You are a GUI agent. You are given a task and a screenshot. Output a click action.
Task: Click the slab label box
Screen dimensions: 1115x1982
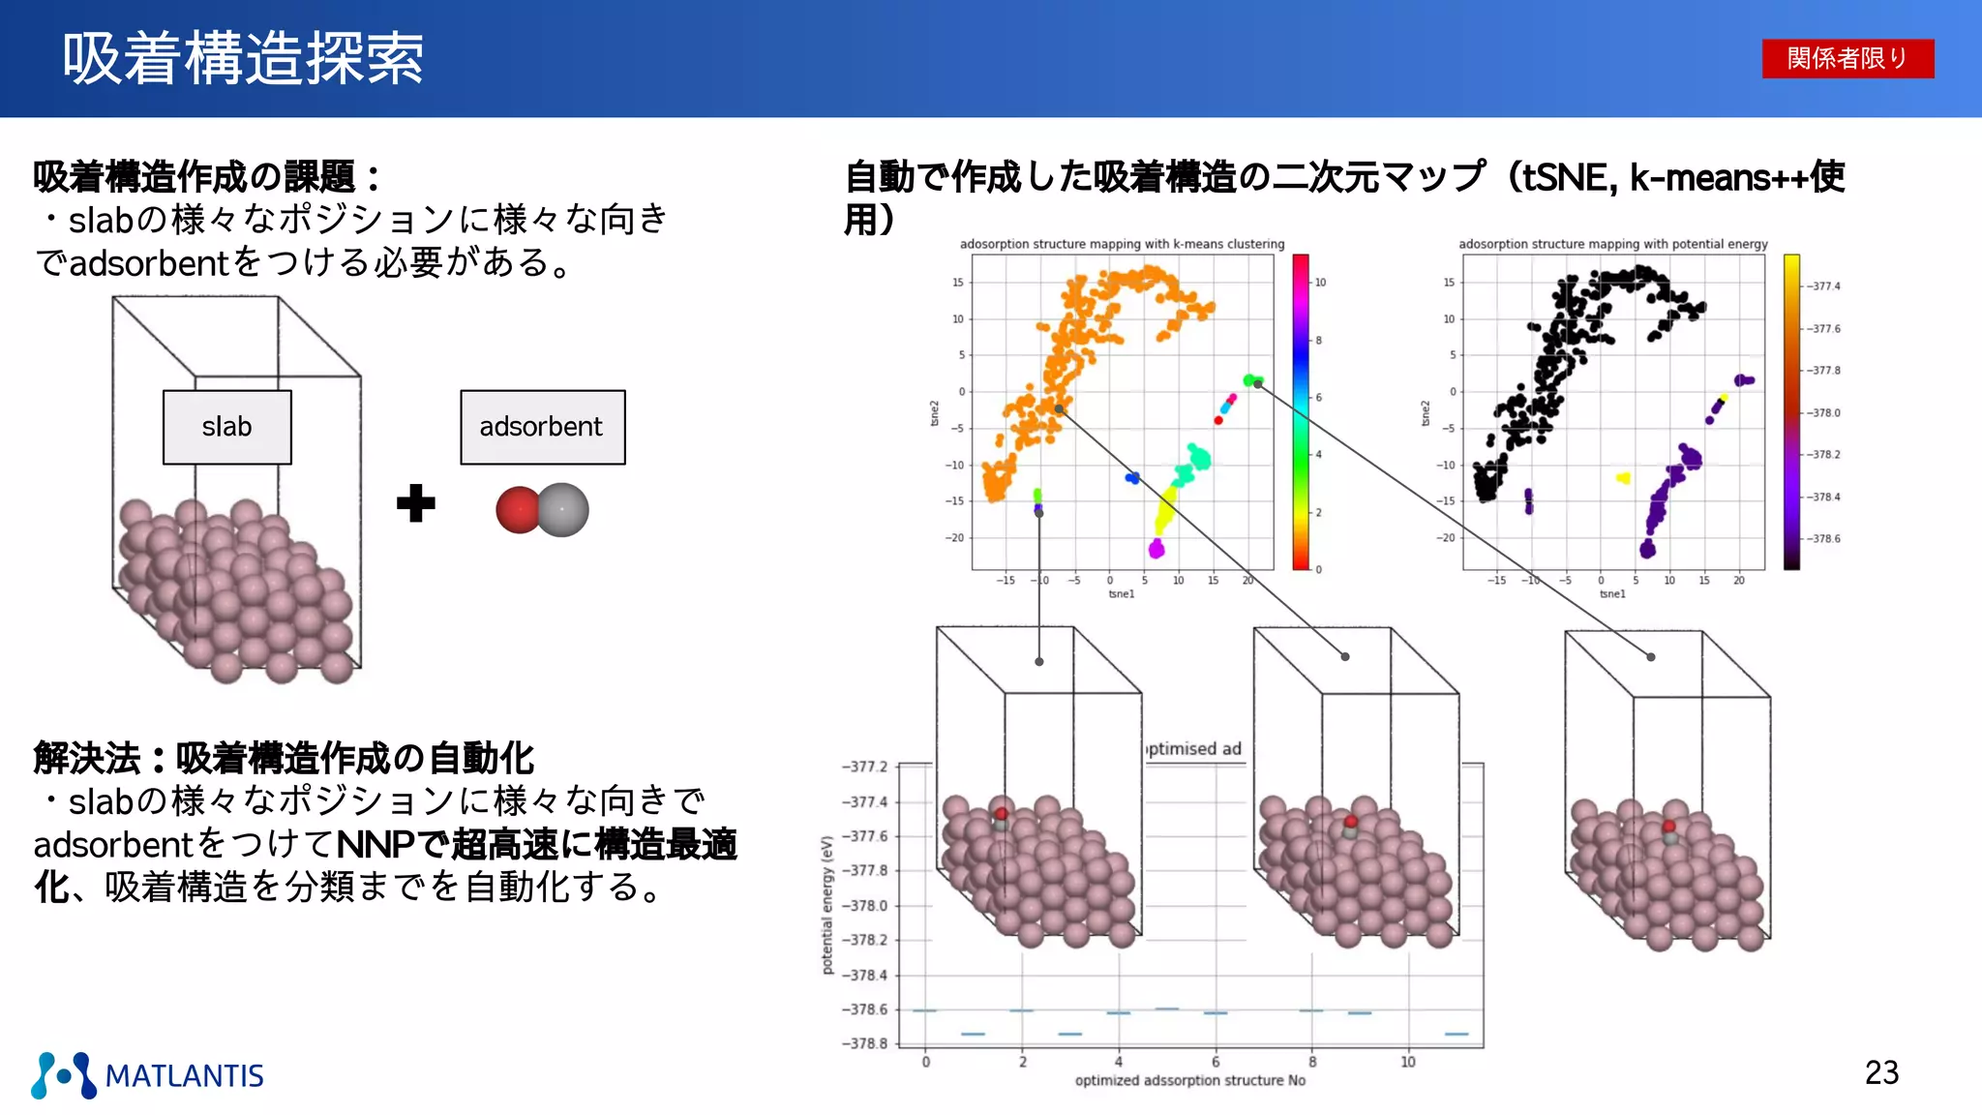point(226,427)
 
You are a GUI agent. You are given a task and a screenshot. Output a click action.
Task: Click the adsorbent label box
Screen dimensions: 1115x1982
point(542,427)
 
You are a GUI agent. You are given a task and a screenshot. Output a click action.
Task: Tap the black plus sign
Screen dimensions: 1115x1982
point(416,503)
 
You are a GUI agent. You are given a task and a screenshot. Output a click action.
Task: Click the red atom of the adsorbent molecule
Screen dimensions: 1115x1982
point(517,510)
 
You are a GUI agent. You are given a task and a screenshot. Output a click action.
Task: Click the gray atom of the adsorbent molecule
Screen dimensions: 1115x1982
point(564,510)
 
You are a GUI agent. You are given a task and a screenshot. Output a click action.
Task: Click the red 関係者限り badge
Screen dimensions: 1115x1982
point(1847,58)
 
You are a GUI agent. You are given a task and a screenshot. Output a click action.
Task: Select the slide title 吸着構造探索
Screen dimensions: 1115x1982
point(243,58)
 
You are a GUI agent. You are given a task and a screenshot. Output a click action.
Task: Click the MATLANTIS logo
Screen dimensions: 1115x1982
point(147,1075)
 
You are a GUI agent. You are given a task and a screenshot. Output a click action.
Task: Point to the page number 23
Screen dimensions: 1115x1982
point(1881,1072)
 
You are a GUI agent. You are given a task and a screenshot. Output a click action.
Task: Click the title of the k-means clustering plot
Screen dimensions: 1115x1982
point(1122,244)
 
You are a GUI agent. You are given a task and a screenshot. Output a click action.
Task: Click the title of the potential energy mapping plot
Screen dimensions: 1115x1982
point(1612,244)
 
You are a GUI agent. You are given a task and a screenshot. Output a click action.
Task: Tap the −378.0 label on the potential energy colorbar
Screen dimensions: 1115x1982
point(1824,412)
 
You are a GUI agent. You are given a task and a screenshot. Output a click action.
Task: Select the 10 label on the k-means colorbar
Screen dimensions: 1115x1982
point(1320,283)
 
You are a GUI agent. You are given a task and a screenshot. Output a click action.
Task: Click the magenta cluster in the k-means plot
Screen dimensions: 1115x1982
point(1156,549)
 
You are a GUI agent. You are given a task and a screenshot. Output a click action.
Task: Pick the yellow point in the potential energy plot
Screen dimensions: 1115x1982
point(1623,477)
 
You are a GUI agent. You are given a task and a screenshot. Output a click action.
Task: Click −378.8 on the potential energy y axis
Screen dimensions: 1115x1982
point(864,1043)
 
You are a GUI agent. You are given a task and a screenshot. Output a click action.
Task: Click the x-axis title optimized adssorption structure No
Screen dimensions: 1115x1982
point(1189,1080)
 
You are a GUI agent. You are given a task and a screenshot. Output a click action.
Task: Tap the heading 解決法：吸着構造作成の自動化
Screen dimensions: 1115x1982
point(284,758)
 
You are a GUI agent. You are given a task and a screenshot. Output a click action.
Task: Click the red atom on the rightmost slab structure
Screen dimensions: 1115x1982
point(1668,827)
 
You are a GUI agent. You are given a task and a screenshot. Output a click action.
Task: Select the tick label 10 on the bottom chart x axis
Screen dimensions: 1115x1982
point(1407,1062)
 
